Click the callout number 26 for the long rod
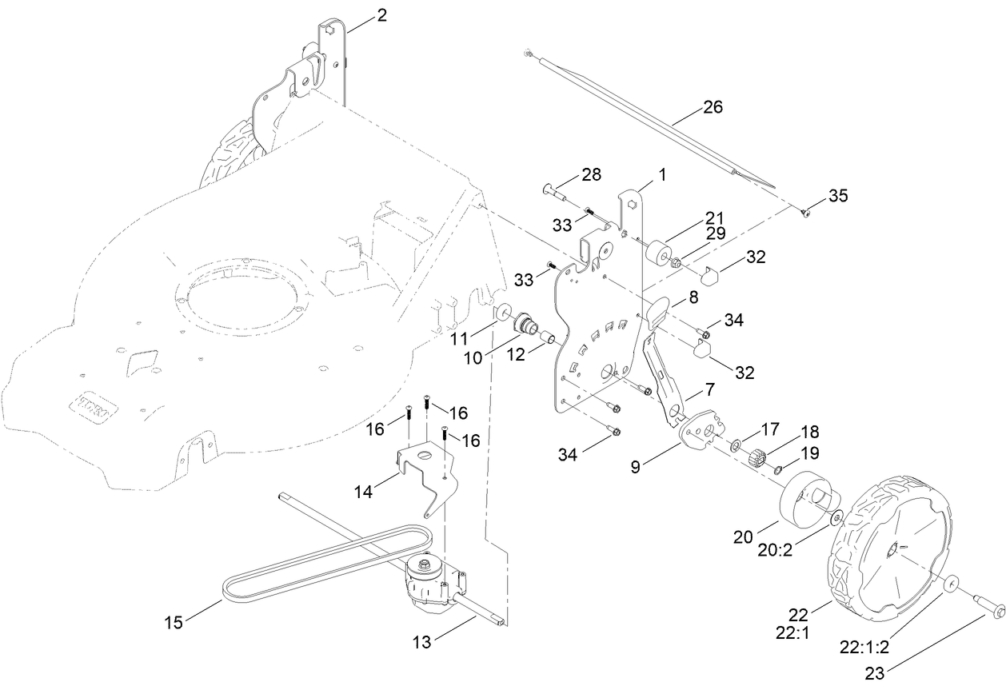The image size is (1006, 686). [713, 107]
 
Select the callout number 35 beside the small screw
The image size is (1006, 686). [838, 196]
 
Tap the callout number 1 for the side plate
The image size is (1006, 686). [662, 173]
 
